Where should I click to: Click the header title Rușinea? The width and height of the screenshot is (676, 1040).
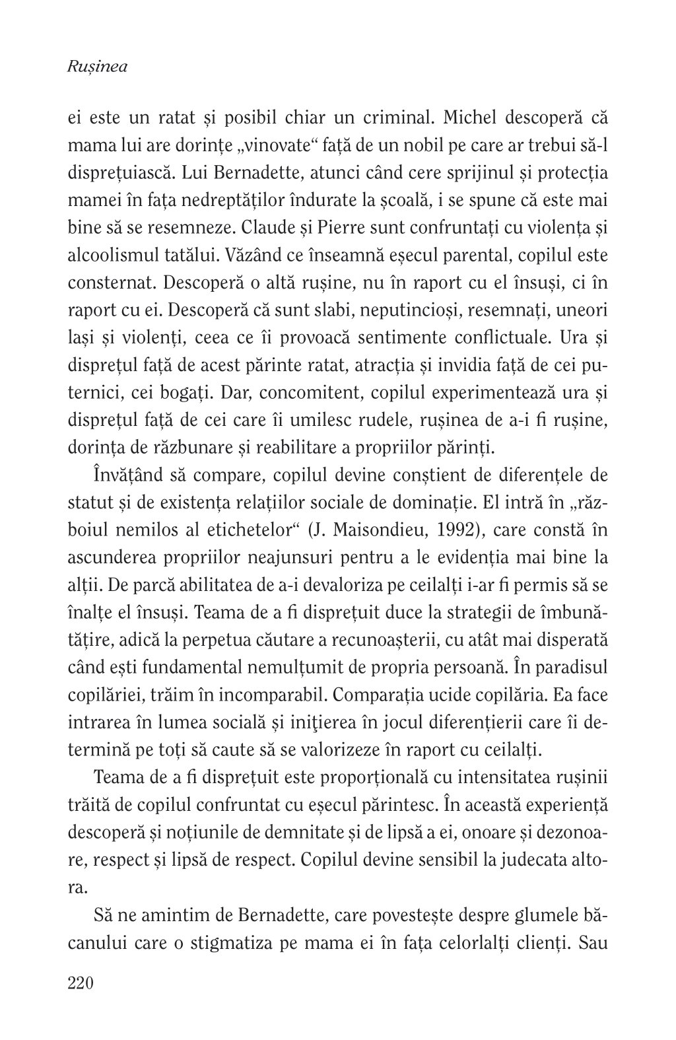pos(98,67)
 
